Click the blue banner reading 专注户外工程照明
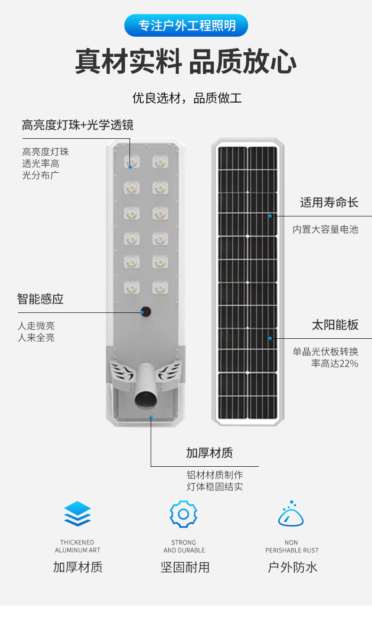click(186, 25)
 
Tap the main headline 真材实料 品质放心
click(186, 61)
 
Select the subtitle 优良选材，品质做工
click(187, 98)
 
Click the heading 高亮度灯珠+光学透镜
click(78, 125)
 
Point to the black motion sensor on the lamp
click(146, 311)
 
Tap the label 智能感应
click(40, 299)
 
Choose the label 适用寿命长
click(329, 203)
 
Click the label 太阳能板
click(335, 325)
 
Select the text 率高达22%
click(334, 363)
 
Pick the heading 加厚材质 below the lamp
click(210, 453)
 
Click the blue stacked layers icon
click(78, 514)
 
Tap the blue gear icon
click(184, 514)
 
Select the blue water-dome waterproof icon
click(291, 514)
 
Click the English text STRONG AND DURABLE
click(184, 546)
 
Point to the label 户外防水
click(292, 567)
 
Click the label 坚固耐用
click(185, 567)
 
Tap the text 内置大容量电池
click(325, 230)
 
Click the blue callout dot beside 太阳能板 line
click(270, 338)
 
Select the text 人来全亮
click(36, 338)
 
